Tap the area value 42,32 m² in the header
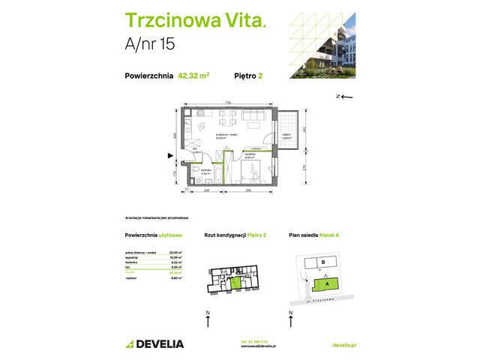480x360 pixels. pos(193,75)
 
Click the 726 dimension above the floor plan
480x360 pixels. pos(226,102)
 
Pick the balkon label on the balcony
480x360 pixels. pos(286,135)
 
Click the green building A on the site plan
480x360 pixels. pos(326,284)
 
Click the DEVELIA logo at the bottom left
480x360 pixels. pos(154,343)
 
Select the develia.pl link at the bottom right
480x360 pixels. pos(343,343)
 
